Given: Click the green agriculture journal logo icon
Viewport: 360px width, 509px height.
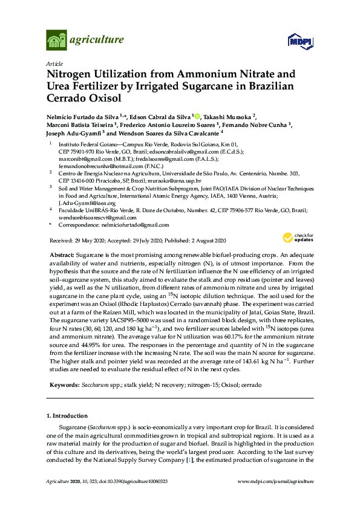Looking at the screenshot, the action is click(56, 41).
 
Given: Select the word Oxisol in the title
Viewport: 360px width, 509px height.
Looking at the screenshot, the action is click(103, 98).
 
